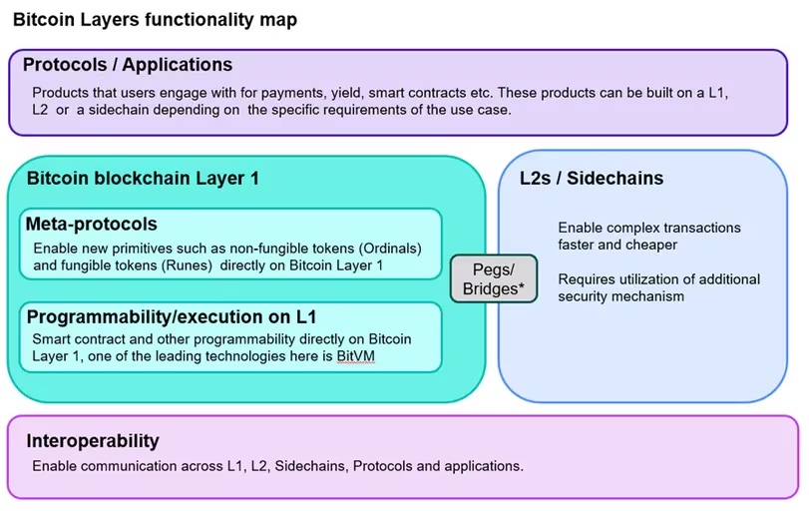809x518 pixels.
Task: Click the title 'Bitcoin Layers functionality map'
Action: pos(155,20)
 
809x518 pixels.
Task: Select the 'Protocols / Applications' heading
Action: pos(128,65)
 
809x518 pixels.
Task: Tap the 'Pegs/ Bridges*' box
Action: pos(494,278)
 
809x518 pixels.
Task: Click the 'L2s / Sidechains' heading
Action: pos(592,179)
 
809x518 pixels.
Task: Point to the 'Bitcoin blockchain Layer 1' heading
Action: pos(143,179)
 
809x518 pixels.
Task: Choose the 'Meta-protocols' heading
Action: pos(92,225)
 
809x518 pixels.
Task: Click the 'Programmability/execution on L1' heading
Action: pos(172,316)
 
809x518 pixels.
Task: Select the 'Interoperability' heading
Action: pos(93,441)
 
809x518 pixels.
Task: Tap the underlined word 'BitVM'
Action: pos(355,356)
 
